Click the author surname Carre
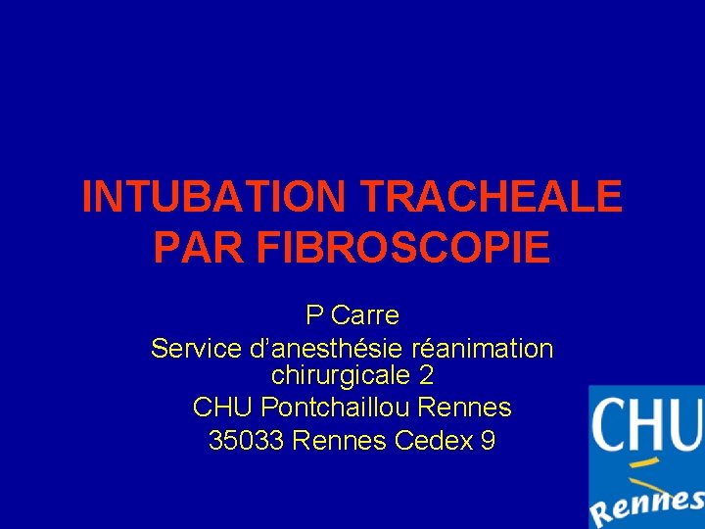click(x=365, y=315)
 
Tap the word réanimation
click(x=484, y=348)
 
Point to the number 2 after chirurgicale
click(x=426, y=375)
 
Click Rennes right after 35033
click(x=340, y=441)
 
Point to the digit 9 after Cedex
click(x=488, y=441)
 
